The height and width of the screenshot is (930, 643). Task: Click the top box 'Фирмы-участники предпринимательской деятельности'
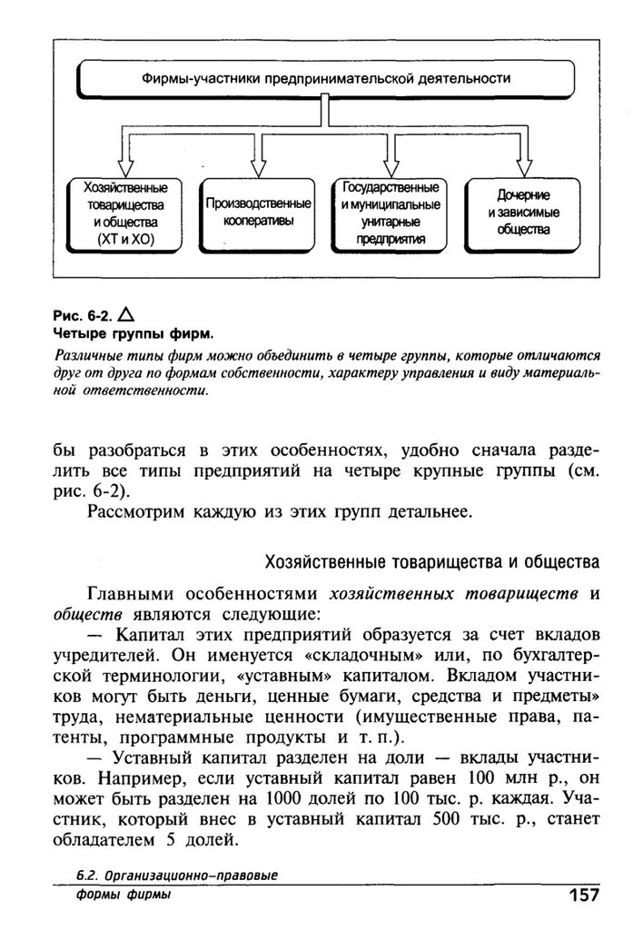(325, 80)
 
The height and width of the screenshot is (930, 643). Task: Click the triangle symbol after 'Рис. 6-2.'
(126, 314)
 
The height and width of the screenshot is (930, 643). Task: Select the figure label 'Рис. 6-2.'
(83, 316)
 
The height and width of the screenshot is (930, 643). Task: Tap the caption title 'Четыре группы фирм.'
(133, 334)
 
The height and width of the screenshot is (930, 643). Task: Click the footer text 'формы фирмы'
(124, 895)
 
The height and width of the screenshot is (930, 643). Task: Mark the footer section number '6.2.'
(88, 876)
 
